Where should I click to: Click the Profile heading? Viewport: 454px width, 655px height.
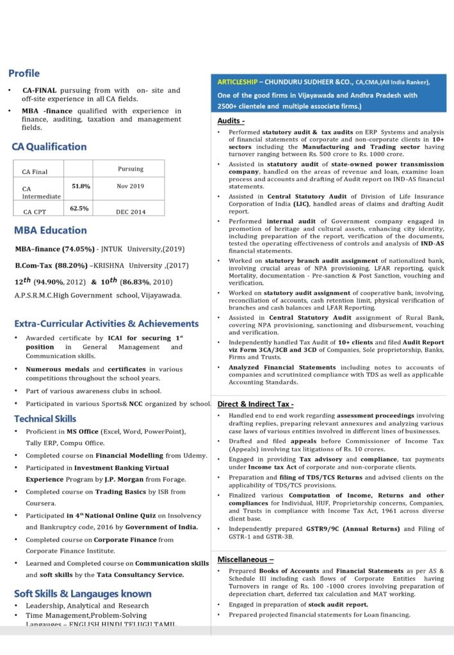point(24,74)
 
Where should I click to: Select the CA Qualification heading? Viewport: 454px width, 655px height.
point(49,146)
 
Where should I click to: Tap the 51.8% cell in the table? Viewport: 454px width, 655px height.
point(81,186)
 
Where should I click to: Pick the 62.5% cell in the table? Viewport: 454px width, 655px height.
point(79,208)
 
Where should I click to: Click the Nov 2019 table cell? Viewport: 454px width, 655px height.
point(131,186)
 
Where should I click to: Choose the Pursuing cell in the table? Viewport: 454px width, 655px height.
point(131,169)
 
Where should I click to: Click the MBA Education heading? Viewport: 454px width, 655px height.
point(51,230)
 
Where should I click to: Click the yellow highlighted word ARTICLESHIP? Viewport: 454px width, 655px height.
point(234,83)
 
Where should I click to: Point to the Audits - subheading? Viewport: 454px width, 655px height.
point(231,121)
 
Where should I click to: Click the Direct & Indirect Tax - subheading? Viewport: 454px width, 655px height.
point(255,404)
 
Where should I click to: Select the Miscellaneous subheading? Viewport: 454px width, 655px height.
point(246,558)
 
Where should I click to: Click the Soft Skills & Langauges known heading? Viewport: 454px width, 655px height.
point(83,594)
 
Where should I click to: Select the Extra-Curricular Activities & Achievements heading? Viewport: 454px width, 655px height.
point(106,324)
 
